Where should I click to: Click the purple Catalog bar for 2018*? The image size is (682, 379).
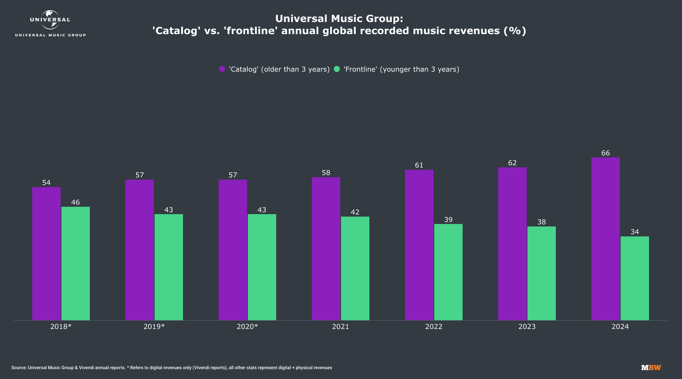[46, 254]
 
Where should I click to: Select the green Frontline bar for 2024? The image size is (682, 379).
[635, 278]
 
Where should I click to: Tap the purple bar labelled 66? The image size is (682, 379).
[605, 239]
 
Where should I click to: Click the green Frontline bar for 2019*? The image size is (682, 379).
[169, 267]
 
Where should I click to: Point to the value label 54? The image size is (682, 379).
[46, 183]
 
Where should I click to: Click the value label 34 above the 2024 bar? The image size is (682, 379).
[635, 232]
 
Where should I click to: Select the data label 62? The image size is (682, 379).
[512, 163]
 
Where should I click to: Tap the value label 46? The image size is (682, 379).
[75, 202]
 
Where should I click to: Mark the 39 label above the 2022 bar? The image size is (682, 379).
[448, 220]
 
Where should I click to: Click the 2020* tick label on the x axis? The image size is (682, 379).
[247, 327]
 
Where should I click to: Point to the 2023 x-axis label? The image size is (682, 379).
[527, 327]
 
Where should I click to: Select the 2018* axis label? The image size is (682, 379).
[61, 327]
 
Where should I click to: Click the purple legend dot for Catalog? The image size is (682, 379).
[222, 69]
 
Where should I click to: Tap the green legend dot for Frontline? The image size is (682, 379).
[336, 69]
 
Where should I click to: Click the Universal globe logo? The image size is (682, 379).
[50, 20]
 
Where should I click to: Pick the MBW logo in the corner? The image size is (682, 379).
[651, 368]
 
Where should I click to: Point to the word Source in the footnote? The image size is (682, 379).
[19, 368]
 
